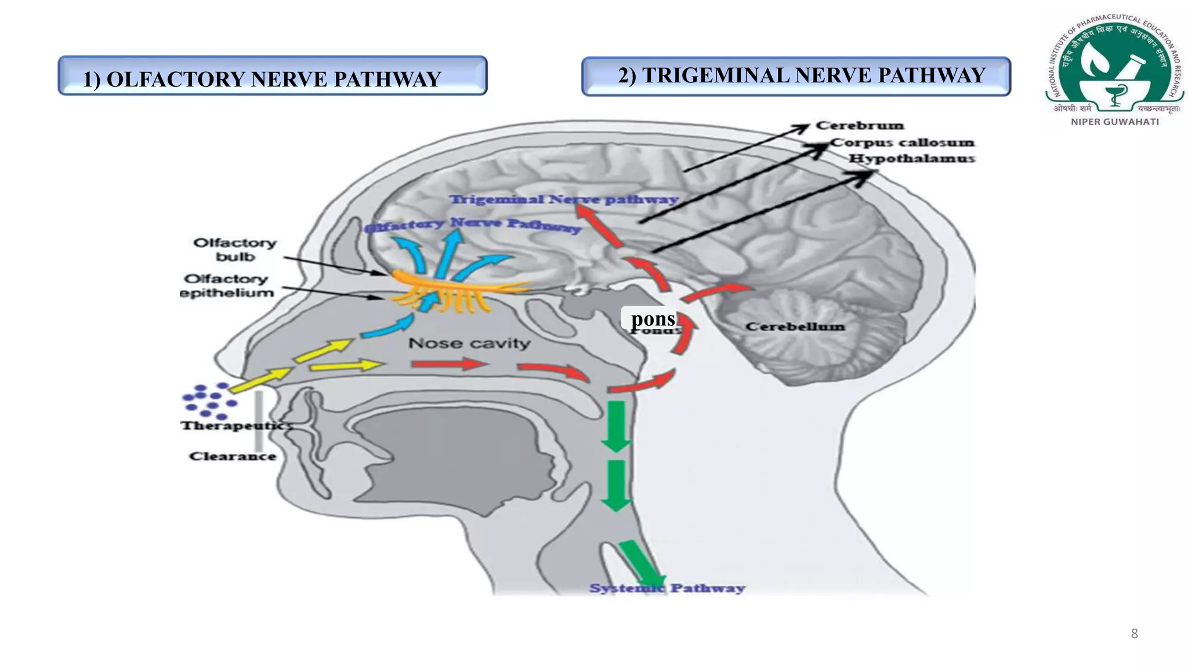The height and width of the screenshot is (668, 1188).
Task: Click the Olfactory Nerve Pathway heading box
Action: click(273, 76)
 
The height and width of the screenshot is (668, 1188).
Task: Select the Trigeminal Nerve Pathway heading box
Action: click(796, 76)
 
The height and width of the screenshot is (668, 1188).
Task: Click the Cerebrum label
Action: click(860, 125)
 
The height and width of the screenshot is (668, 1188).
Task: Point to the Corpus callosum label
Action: click(902, 142)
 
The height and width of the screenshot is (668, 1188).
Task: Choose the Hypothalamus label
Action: click(912, 158)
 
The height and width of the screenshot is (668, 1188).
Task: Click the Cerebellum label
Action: click(795, 326)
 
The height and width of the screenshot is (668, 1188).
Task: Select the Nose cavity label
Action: click(469, 343)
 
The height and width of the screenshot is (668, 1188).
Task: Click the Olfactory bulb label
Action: click(235, 249)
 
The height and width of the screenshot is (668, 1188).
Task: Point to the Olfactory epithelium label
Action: click(227, 285)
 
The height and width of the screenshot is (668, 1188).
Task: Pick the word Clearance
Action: click(233, 456)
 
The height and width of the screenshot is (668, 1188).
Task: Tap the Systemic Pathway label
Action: click(667, 588)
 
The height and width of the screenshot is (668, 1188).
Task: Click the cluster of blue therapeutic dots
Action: click(209, 400)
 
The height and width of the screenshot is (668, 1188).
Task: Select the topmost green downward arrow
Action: click(615, 426)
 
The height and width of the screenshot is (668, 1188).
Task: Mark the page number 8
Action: click(1134, 633)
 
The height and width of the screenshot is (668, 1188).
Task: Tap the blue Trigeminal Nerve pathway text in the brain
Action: click(564, 199)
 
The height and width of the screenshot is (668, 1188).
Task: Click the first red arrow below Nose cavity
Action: click(447, 364)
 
